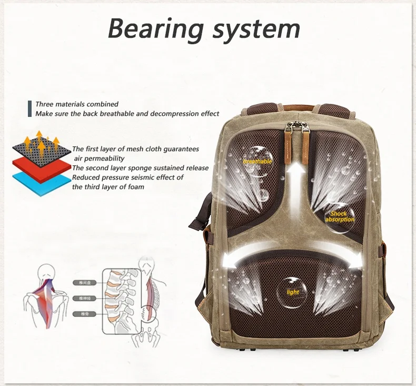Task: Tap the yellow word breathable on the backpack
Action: [x=257, y=161]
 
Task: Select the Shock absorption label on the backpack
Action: [x=340, y=216]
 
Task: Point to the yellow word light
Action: [x=293, y=292]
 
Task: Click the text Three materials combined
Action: [x=77, y=104]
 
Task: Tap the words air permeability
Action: [x=100, y=158]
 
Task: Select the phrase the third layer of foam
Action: [x=108, y=186]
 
